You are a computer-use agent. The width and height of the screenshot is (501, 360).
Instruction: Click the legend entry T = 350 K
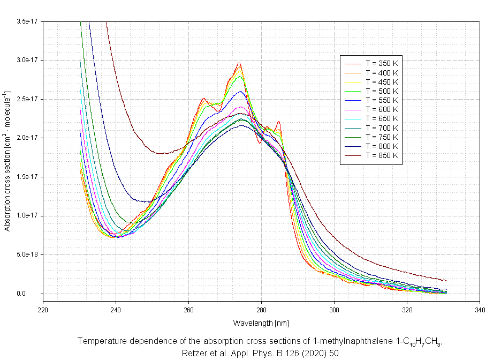tap(382, 64)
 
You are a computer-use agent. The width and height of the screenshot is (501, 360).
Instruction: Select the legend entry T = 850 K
tap(382, 155)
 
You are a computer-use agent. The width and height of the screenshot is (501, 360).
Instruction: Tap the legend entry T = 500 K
tap(382, 91)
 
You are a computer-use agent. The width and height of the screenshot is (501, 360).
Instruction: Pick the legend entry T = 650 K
tap(382, 118)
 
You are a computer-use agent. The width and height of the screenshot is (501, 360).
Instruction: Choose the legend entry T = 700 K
tap(382, 127)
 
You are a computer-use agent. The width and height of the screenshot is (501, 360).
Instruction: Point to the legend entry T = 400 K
tap(382, 73)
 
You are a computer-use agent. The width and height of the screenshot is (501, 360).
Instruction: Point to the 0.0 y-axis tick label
tap(31, 294)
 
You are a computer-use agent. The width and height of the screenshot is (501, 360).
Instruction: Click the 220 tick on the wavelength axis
tap(43, 309)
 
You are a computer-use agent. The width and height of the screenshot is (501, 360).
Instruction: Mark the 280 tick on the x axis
tap(261, 309)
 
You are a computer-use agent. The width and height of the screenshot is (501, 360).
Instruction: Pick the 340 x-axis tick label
tap(480, 309)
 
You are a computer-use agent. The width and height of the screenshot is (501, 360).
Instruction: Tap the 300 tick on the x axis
tap(334, 309)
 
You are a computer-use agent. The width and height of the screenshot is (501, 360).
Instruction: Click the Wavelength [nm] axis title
tap(261, 323)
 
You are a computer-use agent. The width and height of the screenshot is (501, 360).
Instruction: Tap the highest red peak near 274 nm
tap(239, 63)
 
